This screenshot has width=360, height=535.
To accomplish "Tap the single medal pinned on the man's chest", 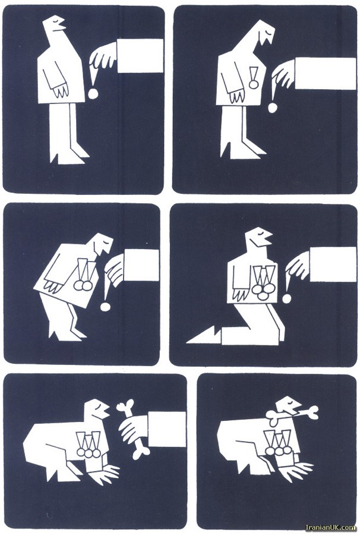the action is pyautogui.click(x=253, y=78).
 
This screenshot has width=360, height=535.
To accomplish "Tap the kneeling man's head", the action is pyautogui.click(x=258, y=237).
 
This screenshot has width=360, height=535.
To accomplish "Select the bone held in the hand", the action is pyautogui.click(x=133, y=429).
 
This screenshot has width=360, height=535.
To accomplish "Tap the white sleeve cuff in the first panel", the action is pyautogui.click(x=140, y=55).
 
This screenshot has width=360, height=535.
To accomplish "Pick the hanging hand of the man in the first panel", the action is pyautogui.click(x=61, y=89).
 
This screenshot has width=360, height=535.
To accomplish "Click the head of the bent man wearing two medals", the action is pyautogui.click(x=103, y=244).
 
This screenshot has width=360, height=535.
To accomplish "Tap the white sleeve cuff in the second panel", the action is pyautogui.click(x=325, y=73).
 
